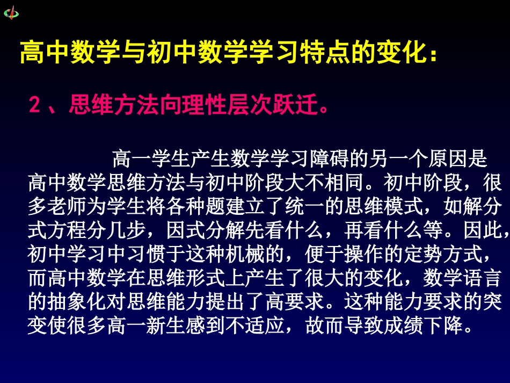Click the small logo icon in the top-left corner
(x=11, y=12)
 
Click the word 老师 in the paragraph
(x=67, y=207)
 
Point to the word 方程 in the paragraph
(x=67, y=230)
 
